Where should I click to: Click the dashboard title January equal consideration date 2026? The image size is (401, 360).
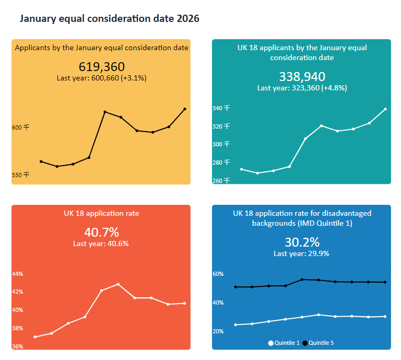tap(109, 19)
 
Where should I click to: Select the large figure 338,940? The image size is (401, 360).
tap(302, 77)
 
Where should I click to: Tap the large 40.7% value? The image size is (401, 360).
tap(101, 232)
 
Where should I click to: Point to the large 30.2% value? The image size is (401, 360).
tap(302, 242)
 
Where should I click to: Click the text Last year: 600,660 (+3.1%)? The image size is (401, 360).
tap(102, 78)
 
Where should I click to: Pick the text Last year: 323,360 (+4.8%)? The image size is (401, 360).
tap(302, 88)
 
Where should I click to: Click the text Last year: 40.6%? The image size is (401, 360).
tap(101, 243)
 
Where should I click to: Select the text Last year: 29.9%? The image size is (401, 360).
tap(301, 253)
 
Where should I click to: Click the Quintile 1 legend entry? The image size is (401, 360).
tap(284, 343)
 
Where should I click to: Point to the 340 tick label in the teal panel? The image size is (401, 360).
tap(221, 108)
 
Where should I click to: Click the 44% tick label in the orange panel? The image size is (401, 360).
tap(17, 274)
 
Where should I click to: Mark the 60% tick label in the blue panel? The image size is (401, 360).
tap(218, 274)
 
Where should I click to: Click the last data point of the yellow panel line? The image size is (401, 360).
tap(185, 109)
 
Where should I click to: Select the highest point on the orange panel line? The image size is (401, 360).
tap(118, 284)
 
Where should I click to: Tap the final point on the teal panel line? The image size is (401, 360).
tap(385, 109)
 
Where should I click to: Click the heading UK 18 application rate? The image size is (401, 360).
tap(101, 213)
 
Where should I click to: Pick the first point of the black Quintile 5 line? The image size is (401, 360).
tap(235, 287)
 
